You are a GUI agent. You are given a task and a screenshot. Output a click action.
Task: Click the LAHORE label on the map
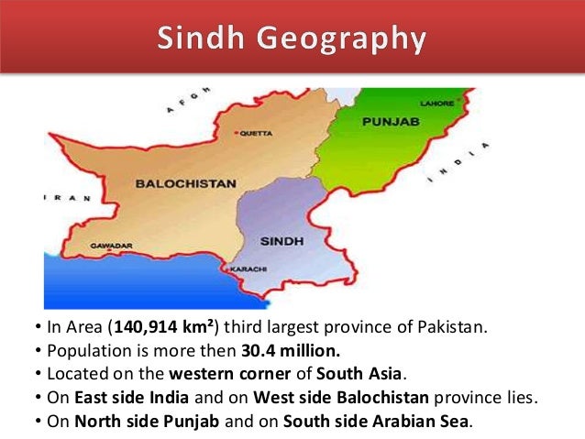point(436,104)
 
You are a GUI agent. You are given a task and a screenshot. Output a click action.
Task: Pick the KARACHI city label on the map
point(249,269)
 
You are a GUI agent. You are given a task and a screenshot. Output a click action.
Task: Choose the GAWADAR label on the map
point(111,247)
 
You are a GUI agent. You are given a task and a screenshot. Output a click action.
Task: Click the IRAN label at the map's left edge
point(64,197)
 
